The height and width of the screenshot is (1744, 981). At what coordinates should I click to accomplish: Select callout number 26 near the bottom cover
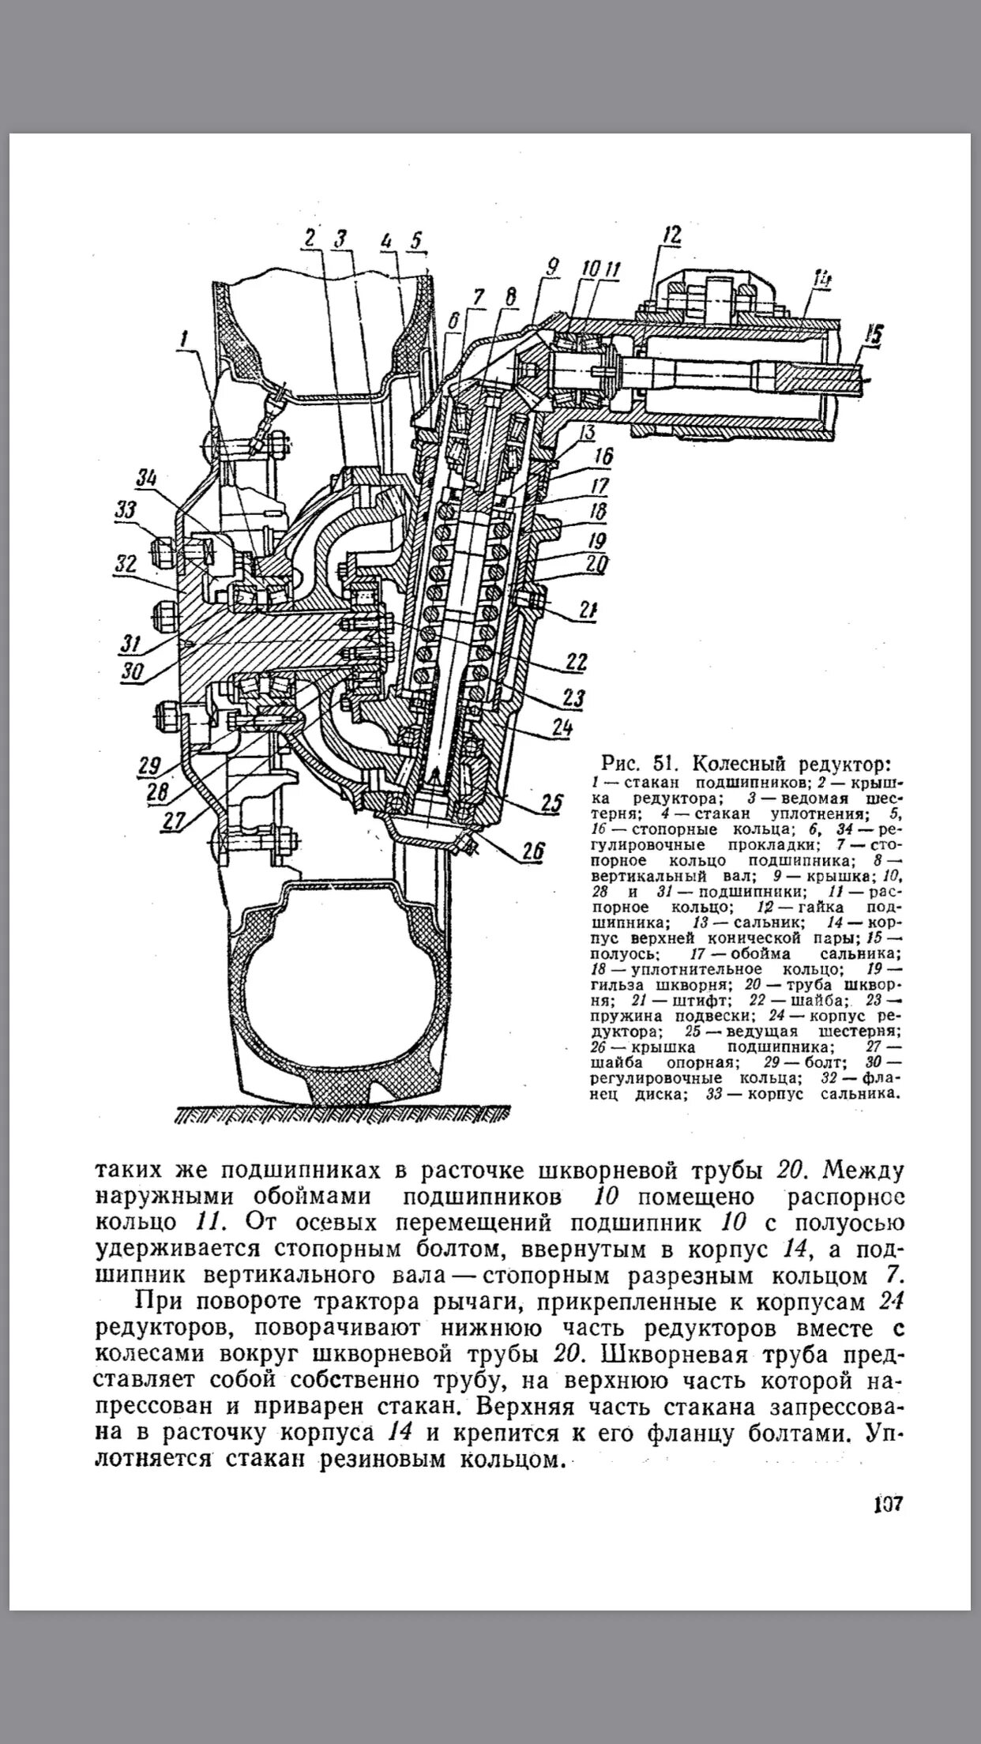tap(533, 851)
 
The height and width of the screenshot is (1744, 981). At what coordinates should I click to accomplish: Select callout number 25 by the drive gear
tap(551, 804)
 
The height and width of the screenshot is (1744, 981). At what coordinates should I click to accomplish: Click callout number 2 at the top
tap(310, 238)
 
